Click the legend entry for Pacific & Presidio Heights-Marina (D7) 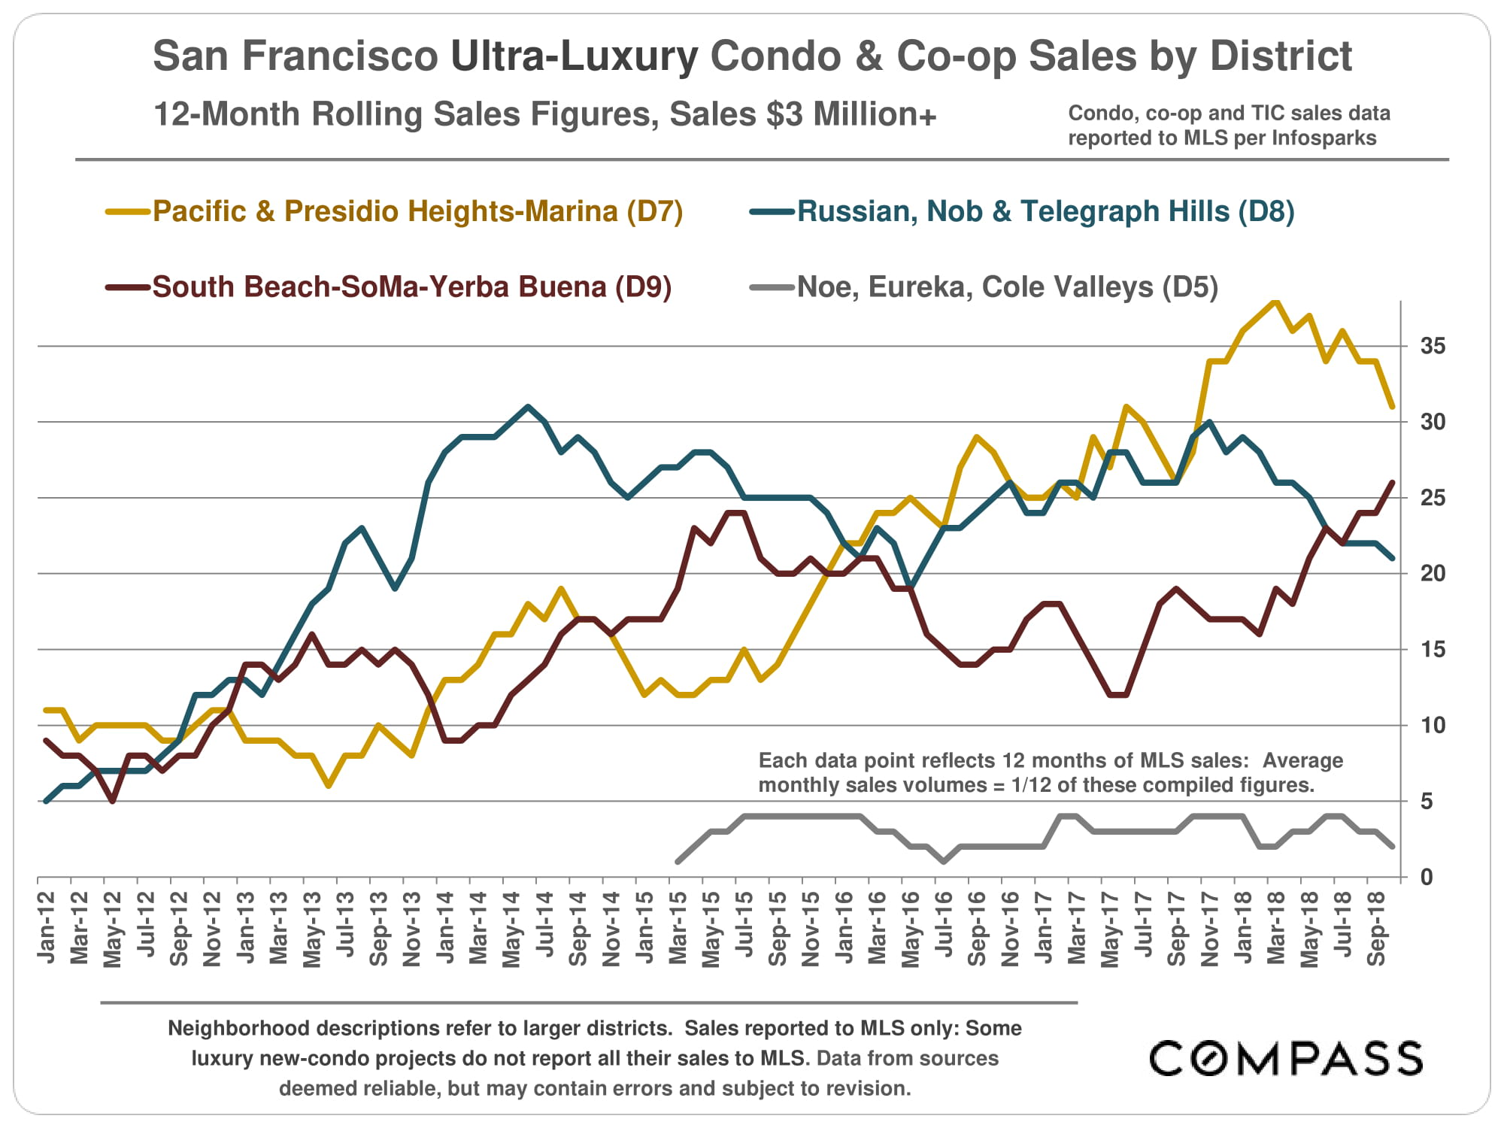pos(417,212)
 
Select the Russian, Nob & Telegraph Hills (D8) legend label pos(1045,212)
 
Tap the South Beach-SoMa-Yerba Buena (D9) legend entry pos(411,287)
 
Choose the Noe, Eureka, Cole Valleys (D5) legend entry pos(1007,287)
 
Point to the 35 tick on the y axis pos(1433,346)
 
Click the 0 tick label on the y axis pos(1426,878)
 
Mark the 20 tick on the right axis pos(1433,574)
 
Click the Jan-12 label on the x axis pos(47,927)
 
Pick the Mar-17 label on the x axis pos(1077,928)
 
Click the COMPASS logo pos(1286,1059)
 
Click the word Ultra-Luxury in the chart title pos(574,56)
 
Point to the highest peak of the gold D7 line pos(1275,301)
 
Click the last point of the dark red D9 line pos(1392,483)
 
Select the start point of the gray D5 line pos(678,862)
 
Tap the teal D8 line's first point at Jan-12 pos(47,802)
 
